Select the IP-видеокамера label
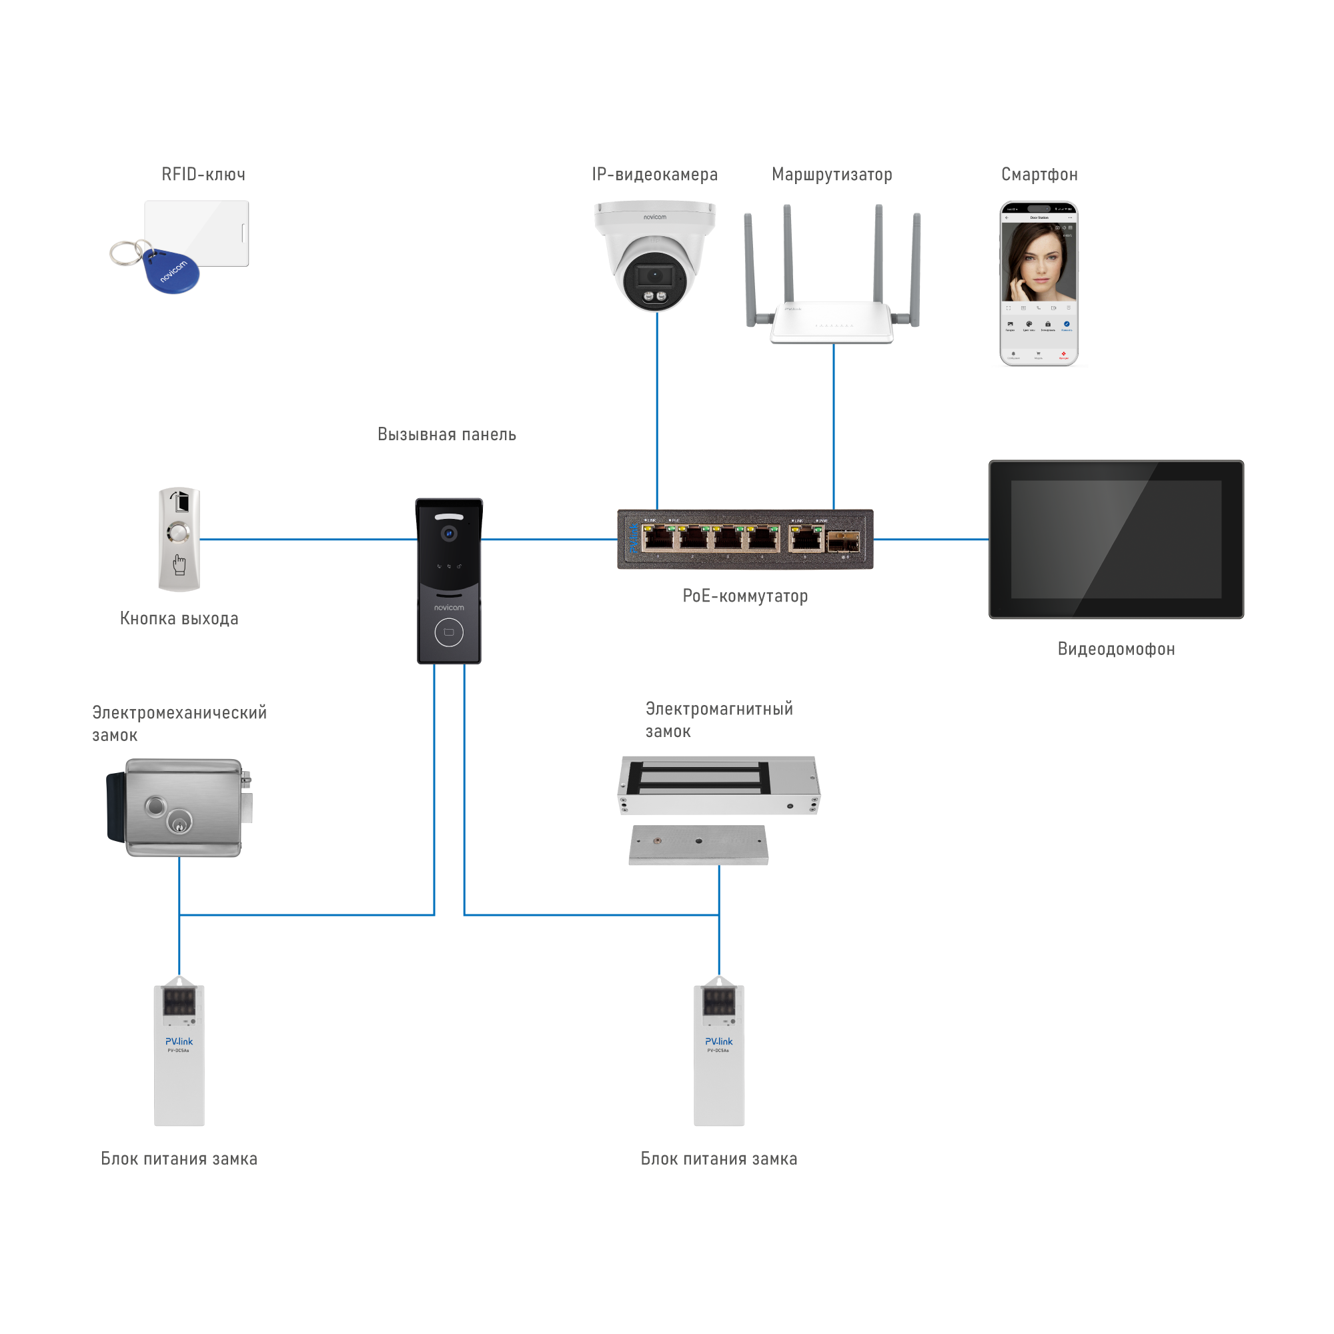tap(654, 175)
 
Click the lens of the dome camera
tap(653, 276)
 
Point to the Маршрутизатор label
tap(831, 175)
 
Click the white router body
tap(831, 323)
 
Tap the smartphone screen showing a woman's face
tap(1039, 262)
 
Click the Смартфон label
tap(1039, 175)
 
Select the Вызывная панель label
tap(447, 434)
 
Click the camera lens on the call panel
tap(450, 533)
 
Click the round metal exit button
tap(179, 533)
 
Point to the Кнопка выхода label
tap(179, 618)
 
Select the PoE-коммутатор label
tap(745, 596)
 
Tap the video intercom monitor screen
tap(1116, 539)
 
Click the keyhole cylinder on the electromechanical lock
tap(180, 824)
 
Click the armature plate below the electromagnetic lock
tap(698, 845)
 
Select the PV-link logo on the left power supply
tap(179, 1041)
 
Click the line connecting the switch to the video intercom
tap(930, 539)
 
